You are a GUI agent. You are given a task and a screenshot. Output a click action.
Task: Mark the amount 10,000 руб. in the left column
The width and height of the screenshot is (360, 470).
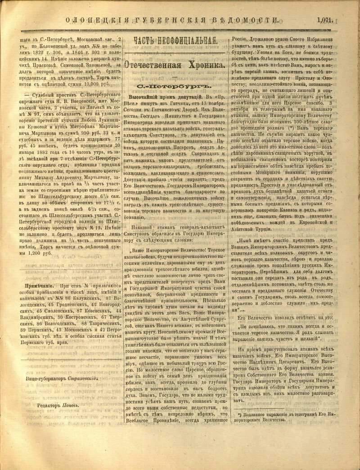pos(95,84)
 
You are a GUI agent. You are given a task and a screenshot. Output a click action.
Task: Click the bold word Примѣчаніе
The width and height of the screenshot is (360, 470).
pos(37,285)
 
